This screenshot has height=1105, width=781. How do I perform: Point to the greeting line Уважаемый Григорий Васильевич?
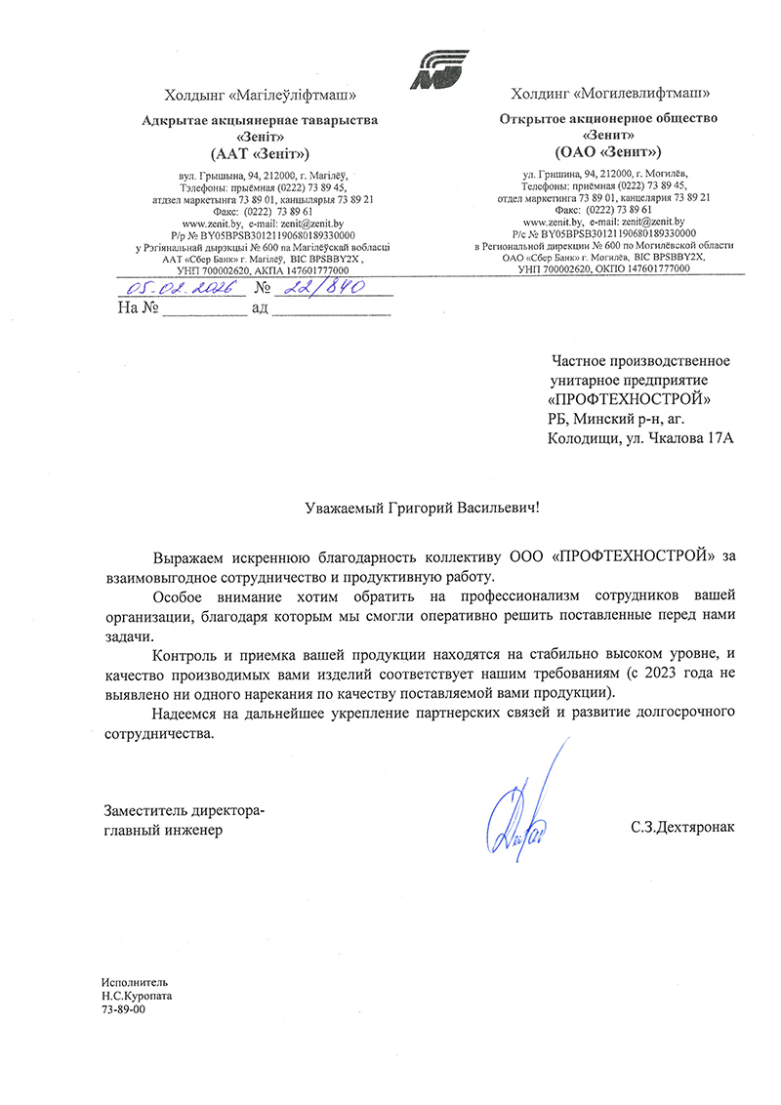pyautogui.click(x=422, y=508)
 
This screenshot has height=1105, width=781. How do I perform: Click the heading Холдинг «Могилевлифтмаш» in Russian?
pyautogui.click(x=609, y=94)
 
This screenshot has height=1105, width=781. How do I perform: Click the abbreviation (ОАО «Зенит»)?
pyautogui.click(x=608, y=152)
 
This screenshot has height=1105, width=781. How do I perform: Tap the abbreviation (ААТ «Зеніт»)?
pyautogui.click(x=260, y=153)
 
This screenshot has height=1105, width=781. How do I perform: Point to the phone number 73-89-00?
pyautogui.click(x=123, y=1012)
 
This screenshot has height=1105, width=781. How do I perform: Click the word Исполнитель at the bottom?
pyautogui.click(x=135, y=981)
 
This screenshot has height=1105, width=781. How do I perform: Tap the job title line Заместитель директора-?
pyautogui.click(x=184, y=811)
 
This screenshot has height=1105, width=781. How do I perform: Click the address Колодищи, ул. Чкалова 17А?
pyautogui.click(x=641, y=438)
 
